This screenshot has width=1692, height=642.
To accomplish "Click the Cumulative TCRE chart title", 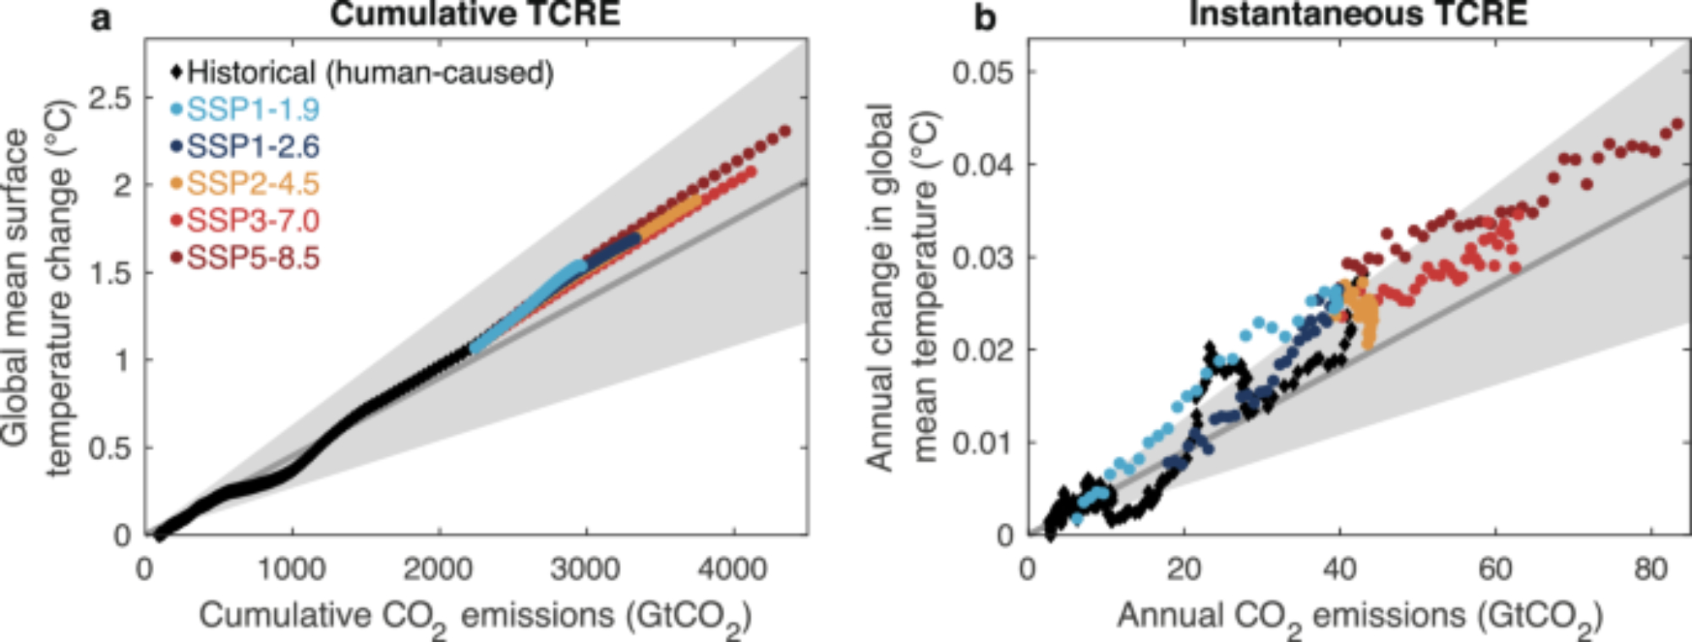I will pyautogui.click(x=475, y=14).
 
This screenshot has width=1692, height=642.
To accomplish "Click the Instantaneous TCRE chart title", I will pyautogui.click(x=1358, y=14).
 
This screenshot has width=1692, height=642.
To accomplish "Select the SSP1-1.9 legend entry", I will pyautogui.click(x=252, y=110).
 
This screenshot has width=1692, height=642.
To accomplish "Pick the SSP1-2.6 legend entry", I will pyautogui.click(x=252, y=147).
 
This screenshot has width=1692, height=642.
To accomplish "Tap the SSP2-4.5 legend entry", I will pyautogui.click(x=252, y=184).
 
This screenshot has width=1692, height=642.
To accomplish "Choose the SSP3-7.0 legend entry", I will pyautogui.click(x=252, y=221).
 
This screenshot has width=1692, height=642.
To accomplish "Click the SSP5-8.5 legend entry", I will pyautogui.click(x=252, y=258).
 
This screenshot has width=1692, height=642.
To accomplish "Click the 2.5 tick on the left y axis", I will pyautogui.click(x=110, y=98).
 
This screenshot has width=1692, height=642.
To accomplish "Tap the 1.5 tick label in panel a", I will pyautogui.click(x=110, y=273).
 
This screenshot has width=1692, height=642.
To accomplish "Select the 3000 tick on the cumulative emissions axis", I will pyautogui.click(x=585, y=569).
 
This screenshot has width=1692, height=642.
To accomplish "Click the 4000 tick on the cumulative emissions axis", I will pyautogui.click(x=733, y=569).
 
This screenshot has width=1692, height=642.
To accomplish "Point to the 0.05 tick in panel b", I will pyautogui.click(x=982, y=73).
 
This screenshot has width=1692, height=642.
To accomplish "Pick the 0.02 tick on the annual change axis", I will pyautogui.click(x=982, y=349).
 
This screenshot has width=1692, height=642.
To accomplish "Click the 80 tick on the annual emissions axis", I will pyautogui.click(x=1651, y=569).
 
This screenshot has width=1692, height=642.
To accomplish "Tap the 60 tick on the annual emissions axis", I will pyautogui.click(x=1495, y=569).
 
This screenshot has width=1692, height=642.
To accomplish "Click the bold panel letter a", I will pyautogui.click(x=101, y=17).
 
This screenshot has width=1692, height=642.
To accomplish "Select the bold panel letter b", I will pyautogui.click(x=985, y=17).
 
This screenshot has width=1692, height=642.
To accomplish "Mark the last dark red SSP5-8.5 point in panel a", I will pyautogui.click(x=784, y=131).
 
